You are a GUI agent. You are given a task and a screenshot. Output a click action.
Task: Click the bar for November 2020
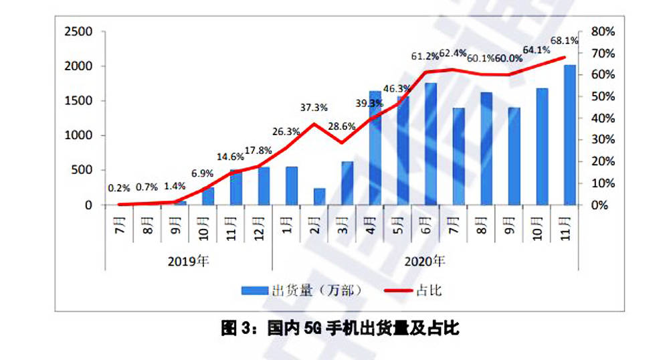570,134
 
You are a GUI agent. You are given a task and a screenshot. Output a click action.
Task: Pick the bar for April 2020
375,148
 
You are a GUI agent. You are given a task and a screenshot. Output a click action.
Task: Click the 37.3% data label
314,107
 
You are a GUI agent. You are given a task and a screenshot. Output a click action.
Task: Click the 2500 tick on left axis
78,32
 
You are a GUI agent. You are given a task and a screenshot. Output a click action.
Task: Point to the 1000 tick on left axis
78,136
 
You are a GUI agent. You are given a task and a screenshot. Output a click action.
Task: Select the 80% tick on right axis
603,32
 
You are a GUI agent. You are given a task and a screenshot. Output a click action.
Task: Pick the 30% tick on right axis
603,140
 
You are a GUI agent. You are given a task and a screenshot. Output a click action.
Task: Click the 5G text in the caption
313,329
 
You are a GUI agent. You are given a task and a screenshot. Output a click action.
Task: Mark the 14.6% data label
229,157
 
